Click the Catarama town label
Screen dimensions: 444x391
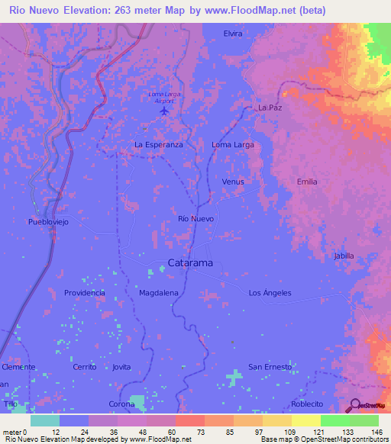[190, 263]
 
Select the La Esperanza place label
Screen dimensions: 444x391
[158, 144]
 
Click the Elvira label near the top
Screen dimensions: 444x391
[233, 34]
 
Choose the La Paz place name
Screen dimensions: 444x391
[270, 108]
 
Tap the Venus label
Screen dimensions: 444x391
[232, 182]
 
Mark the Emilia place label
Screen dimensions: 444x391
[307, 182]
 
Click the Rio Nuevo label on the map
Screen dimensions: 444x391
[195, 219]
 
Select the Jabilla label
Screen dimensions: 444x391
[344, 256]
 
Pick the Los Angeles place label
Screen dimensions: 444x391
[270, 293]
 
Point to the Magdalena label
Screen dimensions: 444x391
[159, 293]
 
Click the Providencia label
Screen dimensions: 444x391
[84, 293]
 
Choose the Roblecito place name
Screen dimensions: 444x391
[308, 404]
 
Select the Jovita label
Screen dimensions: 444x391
[121, 367]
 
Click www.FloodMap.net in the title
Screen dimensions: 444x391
[239, 11]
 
